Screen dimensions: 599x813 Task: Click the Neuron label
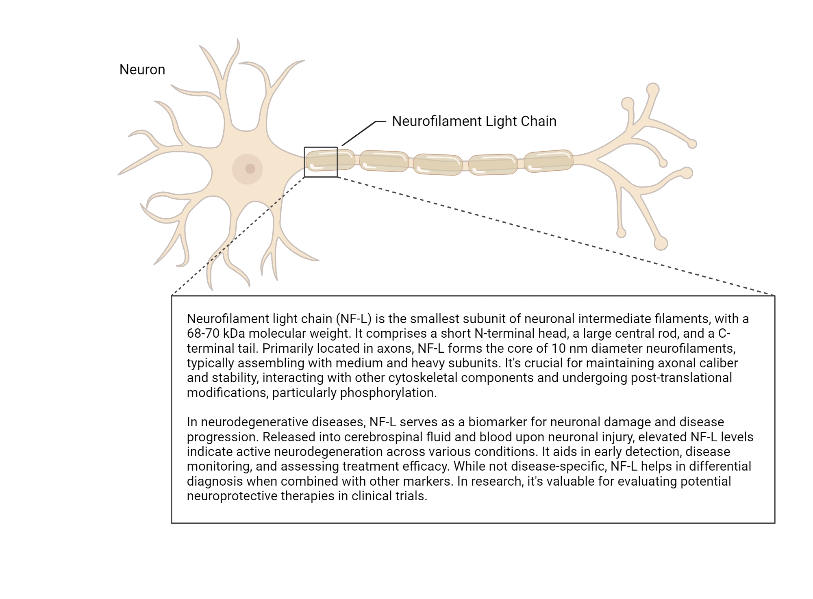[142, 70]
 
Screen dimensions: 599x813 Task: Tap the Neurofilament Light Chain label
[474, 121]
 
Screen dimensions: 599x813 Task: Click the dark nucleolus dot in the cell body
[250, 168]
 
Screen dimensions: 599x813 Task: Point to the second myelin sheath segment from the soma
[384, 161]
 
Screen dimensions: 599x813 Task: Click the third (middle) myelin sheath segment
[438, 165]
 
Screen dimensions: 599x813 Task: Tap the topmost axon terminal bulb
[652, 89]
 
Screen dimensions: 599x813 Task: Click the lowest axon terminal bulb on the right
[661, 243]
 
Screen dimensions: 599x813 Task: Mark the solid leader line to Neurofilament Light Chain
[360, 132]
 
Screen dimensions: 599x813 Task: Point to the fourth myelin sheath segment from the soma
[493, 164]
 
